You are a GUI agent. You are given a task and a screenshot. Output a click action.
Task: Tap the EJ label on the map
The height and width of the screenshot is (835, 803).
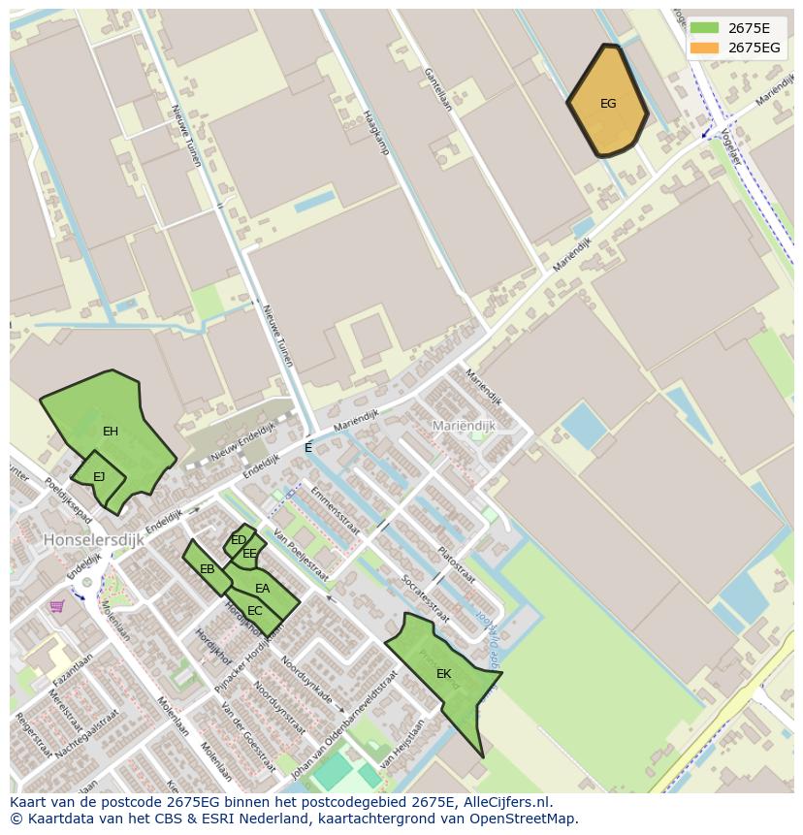(x=99, y=477)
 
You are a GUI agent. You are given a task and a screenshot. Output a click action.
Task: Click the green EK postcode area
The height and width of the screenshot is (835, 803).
(x=443, y=674)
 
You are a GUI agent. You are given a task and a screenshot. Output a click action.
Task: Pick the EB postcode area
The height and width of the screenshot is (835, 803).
(x=207, y=569)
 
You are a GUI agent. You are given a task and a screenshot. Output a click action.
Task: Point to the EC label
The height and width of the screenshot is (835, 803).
(x=255, y=611)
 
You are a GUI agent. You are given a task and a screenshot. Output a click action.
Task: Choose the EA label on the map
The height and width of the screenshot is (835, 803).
(x=263, y=589)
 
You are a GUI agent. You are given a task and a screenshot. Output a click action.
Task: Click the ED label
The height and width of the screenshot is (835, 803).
(x=239, y=540)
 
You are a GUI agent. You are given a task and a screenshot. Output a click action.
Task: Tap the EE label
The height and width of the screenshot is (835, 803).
(x=250, y=554)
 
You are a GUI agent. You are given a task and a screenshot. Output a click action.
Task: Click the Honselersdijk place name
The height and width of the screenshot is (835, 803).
(x=93, y=539)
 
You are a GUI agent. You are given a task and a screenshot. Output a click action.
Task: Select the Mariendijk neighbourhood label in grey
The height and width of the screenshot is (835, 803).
(x=464, y=426)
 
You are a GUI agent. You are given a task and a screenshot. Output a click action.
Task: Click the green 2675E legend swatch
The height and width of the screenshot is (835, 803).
(x=704, y=28)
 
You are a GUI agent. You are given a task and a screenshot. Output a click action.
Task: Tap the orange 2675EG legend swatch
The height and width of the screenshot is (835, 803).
(x=704, y=48)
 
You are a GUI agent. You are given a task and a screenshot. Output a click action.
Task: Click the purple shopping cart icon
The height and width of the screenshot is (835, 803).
(x=57, y=606)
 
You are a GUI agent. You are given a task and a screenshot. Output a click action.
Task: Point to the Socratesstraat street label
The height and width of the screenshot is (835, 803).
(x=425, y=597)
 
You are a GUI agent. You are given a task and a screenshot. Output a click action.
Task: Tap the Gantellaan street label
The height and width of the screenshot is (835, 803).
(x=437, y=89)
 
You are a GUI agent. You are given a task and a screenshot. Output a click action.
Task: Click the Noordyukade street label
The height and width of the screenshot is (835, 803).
(x=306, y=685)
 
